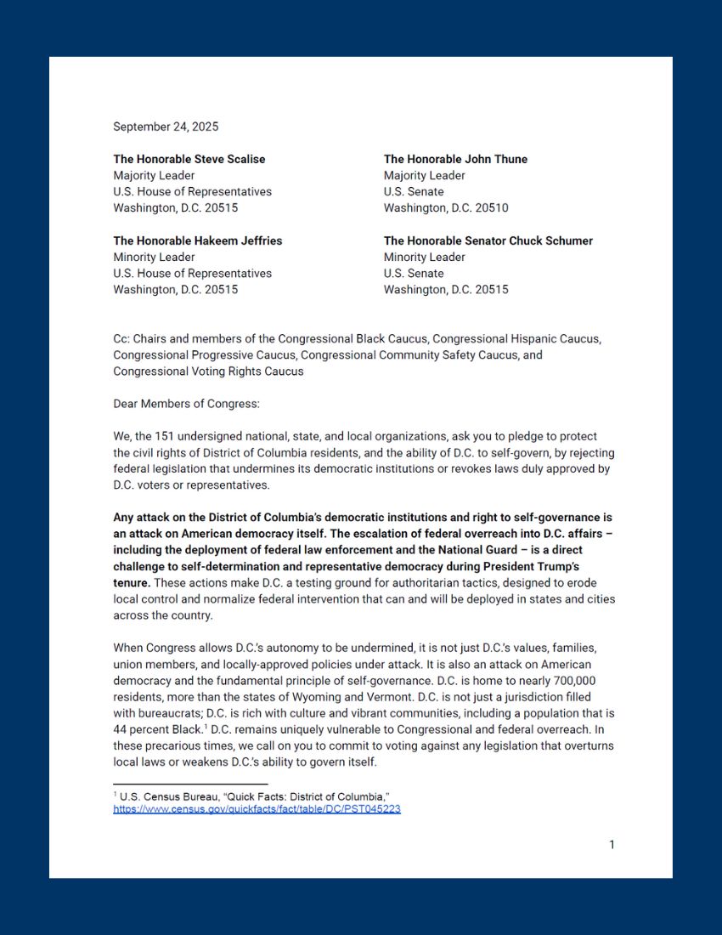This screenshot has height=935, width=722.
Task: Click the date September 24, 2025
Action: [166, 127]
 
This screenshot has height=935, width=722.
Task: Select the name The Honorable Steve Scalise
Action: [189, 159]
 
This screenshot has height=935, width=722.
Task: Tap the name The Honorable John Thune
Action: [455, 159]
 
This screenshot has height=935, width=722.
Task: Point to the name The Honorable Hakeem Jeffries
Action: [198, 241]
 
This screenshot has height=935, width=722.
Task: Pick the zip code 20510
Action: [491, 207]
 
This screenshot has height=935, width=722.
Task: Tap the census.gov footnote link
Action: [257, 809]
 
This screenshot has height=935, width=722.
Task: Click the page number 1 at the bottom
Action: [612, 844]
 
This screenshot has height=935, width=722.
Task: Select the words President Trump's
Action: [558, 566]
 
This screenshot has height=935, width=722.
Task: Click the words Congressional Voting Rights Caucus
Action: [208, 371]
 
